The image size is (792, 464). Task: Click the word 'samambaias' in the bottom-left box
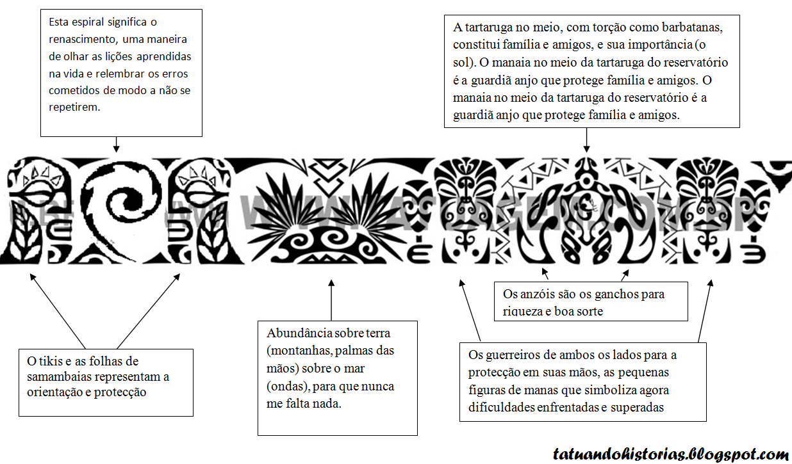[51, 377]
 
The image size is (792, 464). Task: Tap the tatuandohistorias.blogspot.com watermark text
[670, 455]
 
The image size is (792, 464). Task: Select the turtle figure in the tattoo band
[585, 211]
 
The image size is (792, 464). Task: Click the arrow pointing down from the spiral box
[116, 145]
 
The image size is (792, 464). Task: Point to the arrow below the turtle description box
[586, 140]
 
